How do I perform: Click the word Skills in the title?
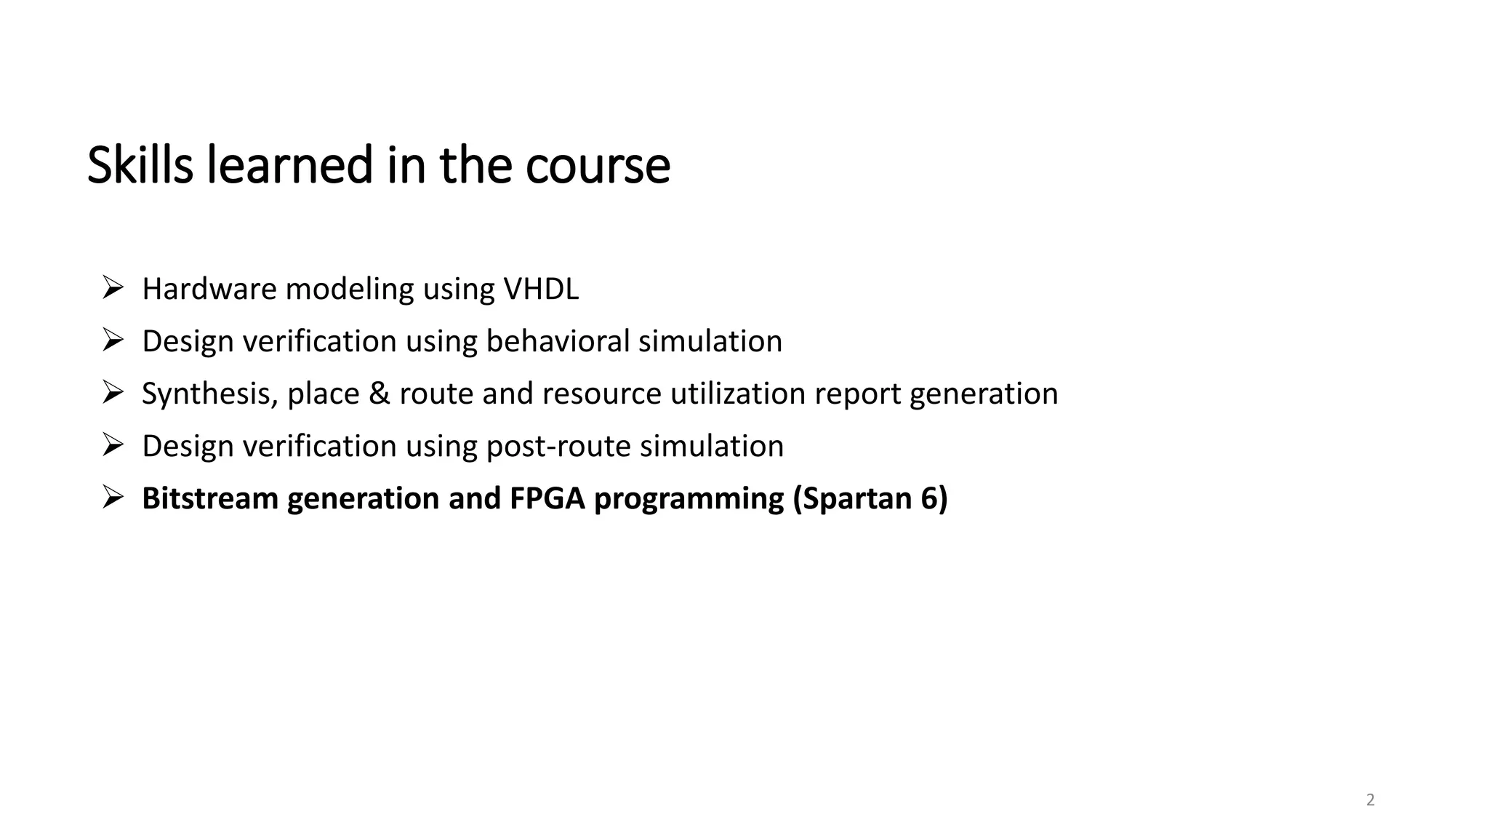140,166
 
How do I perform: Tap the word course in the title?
597,166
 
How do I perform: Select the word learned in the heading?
290,166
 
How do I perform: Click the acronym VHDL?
541,289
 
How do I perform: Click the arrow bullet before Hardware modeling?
113,287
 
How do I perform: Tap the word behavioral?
558,341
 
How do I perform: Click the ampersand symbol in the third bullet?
379,394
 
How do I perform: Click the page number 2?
1370,800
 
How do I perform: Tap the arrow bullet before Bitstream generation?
113,497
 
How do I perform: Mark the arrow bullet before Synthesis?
113,392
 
